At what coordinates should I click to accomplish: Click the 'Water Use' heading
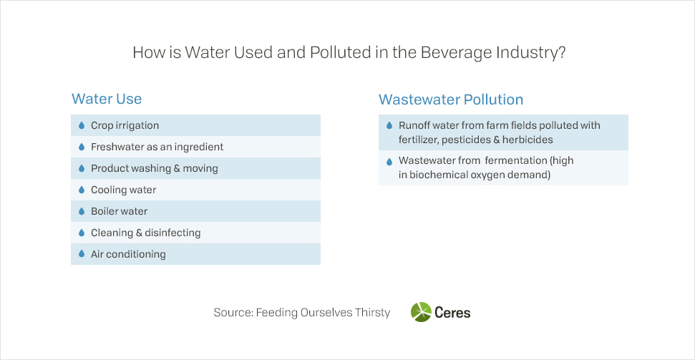tap(107, 99)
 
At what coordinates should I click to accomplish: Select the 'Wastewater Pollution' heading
tap(451, 99)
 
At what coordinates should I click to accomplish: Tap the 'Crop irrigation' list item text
tap(125, 125)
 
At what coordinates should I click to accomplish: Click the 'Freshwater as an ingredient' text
tap(157, 147)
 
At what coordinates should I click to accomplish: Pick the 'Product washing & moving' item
tap(155, 168)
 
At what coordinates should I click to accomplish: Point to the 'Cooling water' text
tap(123, 190)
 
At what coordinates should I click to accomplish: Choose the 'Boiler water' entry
tap(119, 211)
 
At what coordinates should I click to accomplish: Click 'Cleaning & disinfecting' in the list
tap(145, 233)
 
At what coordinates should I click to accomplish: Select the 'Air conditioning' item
tap(128, 255)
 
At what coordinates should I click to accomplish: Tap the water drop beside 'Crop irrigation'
tap(81, 125)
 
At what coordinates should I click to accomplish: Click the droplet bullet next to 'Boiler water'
tap(81, 211)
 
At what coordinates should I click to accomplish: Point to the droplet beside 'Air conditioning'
tap(81, 254)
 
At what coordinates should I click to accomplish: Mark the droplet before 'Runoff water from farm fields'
tap(389, 125)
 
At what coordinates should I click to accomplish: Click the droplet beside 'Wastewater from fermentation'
tap(389, 161)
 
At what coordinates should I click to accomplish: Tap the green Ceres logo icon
tap(421, 312)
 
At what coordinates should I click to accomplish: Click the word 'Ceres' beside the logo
tap(452, 313)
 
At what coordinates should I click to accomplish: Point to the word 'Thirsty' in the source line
tap(372, 313)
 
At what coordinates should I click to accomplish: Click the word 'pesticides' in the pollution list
tap(460, 140)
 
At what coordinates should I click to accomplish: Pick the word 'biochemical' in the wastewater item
tap(437, 175)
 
